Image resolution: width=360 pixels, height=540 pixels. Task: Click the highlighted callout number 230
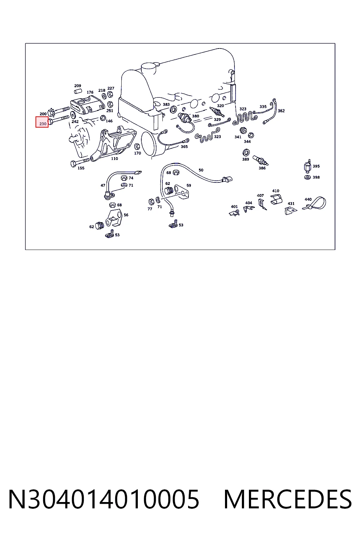coord(43,124)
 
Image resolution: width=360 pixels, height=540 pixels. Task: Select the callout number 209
coord(78,86)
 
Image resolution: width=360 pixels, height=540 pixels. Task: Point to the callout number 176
coord(90,92)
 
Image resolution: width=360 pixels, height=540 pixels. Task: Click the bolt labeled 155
coord(80,162)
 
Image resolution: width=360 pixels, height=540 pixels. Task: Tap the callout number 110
coord(115,159)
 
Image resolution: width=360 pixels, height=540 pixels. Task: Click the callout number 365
coord(184,147)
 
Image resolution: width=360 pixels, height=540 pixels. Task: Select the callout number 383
coord(166,105)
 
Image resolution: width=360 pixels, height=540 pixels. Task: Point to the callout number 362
coord(281,111)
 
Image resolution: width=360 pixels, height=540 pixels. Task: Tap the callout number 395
coord(316,166)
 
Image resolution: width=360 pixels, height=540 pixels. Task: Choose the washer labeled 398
coord(307,178)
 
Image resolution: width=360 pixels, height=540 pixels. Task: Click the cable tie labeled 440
coord(315,204)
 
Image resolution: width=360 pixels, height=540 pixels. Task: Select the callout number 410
coord(276,191)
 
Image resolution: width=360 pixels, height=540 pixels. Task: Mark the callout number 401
coord(234,207)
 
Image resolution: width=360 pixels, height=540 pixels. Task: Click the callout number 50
coord(201,170)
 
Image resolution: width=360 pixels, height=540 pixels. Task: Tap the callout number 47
coord(103,185)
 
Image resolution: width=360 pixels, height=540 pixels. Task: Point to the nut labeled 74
coord(124,178)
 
